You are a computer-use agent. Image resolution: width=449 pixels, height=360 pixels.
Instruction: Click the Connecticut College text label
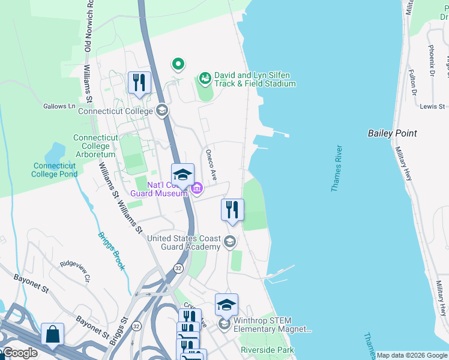pyautogui.click(x=116, y=111)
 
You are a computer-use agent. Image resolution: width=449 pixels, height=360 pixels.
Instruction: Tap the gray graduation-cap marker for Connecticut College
pyautogui.click(x=161, y=110)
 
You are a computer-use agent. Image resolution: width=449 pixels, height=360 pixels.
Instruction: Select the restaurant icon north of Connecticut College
pyautogui.click(x=139, y=83)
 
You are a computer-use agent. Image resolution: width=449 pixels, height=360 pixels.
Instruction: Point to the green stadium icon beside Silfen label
pyautogui.click(x=205, y=78)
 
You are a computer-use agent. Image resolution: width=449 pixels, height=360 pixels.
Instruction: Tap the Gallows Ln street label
pyautogui.click(x=59, y=106)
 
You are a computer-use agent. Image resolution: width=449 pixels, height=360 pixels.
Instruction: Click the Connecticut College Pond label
pyautogui.click(x=55, y=170)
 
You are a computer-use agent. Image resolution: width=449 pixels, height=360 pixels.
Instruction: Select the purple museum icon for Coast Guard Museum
pyautogui.click(x=196, y=190)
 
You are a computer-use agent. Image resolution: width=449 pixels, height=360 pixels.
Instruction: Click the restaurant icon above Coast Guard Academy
pyautogui.click(x=232, y=210)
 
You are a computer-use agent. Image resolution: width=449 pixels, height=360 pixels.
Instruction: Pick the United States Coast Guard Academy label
pyautogui.click(x=184, y=242)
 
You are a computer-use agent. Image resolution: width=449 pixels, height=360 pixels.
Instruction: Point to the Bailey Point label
pyautogui.click(x=392, y=133)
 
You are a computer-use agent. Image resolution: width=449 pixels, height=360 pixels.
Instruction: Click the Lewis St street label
pyautogui.click(x=432, y=106)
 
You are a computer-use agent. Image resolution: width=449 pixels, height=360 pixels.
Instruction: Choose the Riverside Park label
pyautogui.click(x=267, y=350)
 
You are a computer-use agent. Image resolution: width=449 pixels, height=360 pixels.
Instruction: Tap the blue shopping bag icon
pyautogui.click(x=52, y=334)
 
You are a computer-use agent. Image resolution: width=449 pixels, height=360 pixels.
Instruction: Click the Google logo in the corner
pyautogui.click(x=20, y=353)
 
